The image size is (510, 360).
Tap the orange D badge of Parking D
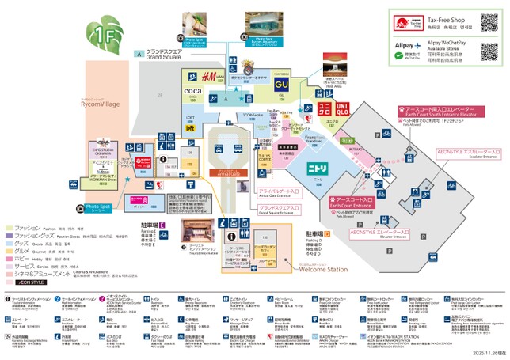(x=327, y=234)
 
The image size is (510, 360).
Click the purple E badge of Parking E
(x=162, y=227)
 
